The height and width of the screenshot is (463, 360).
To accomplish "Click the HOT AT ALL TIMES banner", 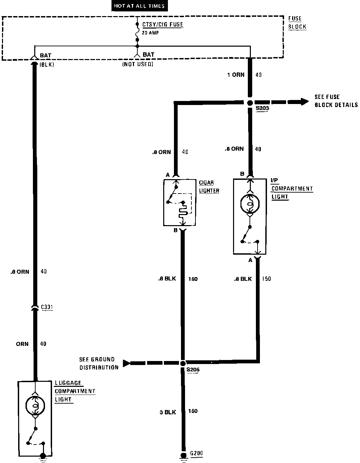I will [x=139, y=6].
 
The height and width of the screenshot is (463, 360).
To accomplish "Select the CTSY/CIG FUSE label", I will [x=163, y=25].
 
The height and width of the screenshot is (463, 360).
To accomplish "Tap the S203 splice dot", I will [x=250, y=103].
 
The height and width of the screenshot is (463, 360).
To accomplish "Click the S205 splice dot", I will [x=183, y=363].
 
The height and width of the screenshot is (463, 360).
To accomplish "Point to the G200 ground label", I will [x=196, y=454].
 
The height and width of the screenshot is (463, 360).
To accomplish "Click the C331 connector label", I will [x=47, y=307].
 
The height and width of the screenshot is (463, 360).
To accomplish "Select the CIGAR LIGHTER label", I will [x=209, y=187].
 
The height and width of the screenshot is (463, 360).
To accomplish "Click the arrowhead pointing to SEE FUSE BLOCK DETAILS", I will [x=304, y=102].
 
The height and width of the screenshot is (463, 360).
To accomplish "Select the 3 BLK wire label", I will [x=168, y=412].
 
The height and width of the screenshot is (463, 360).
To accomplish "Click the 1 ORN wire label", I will [x=236, y=75].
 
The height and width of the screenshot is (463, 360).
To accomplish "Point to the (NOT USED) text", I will [x=137, y=64].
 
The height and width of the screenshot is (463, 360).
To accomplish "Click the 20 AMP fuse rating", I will [x=150, y=33].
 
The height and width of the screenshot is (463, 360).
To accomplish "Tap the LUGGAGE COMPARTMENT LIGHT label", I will [x=75, y=391].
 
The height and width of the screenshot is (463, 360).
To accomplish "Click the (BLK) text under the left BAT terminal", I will [x=47, y=64].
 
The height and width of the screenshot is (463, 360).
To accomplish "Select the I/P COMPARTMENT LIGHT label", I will [x=291, y=189].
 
